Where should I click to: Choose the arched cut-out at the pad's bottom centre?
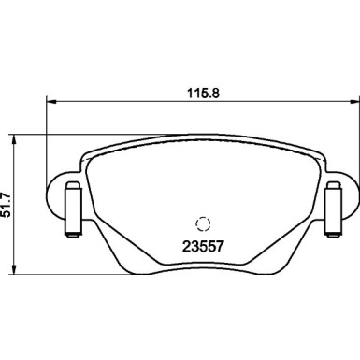click(200, 268)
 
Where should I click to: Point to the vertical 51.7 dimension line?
click(20, 168)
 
